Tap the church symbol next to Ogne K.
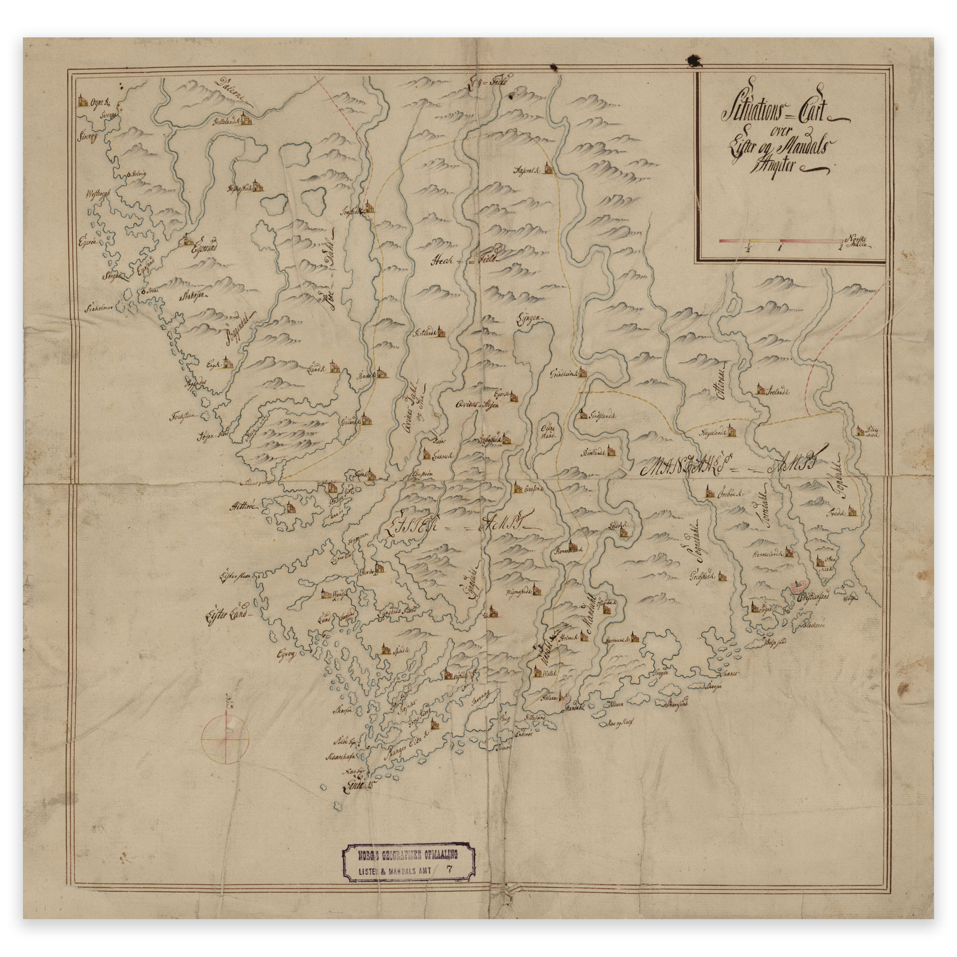pyautogui.click(x=82, y=101)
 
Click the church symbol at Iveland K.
pyautogui.click(x=760, y=390)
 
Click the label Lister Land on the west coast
pyautogui.click(x=229, y=615)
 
